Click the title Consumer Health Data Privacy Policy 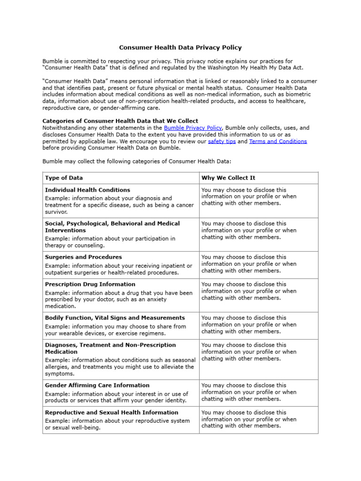pos(180,47)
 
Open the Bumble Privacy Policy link pos(192,128)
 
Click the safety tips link pos(222,141)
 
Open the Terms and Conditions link pos(278,141)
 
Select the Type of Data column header pos(64,178)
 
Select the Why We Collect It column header pos(228,178)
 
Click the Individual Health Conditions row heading pos(87,190)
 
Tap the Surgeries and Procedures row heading pos(83,257)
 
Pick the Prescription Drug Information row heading pos(90,284)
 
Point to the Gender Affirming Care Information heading pos(97,385)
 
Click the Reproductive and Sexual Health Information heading pos(111,412)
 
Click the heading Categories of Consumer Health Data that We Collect pos(120,121)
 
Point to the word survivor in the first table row pos(56,212)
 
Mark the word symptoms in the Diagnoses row pos(60,374)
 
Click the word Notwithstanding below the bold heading pos(66,128)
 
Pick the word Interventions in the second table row pos(65,230)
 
